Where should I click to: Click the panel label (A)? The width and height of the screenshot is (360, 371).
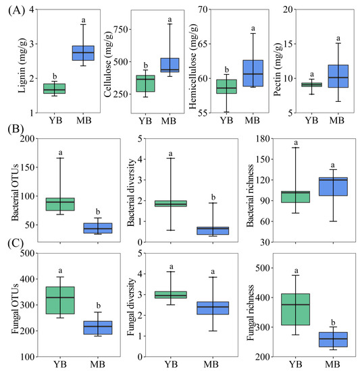point(14,11)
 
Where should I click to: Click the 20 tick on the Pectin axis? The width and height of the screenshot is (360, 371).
point(294,9)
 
